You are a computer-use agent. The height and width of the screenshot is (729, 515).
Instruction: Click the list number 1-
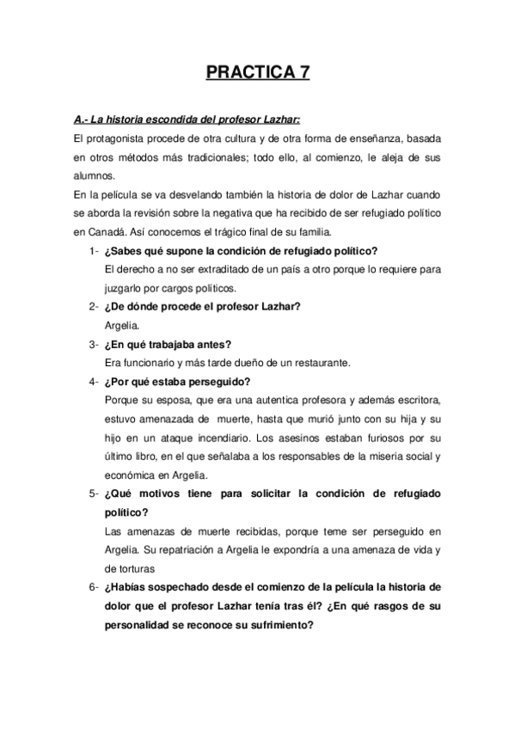coord(92,251)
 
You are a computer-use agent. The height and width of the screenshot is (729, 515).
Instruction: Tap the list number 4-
coord(92,383)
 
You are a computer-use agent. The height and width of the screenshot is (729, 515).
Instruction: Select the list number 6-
coord(92,588)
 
